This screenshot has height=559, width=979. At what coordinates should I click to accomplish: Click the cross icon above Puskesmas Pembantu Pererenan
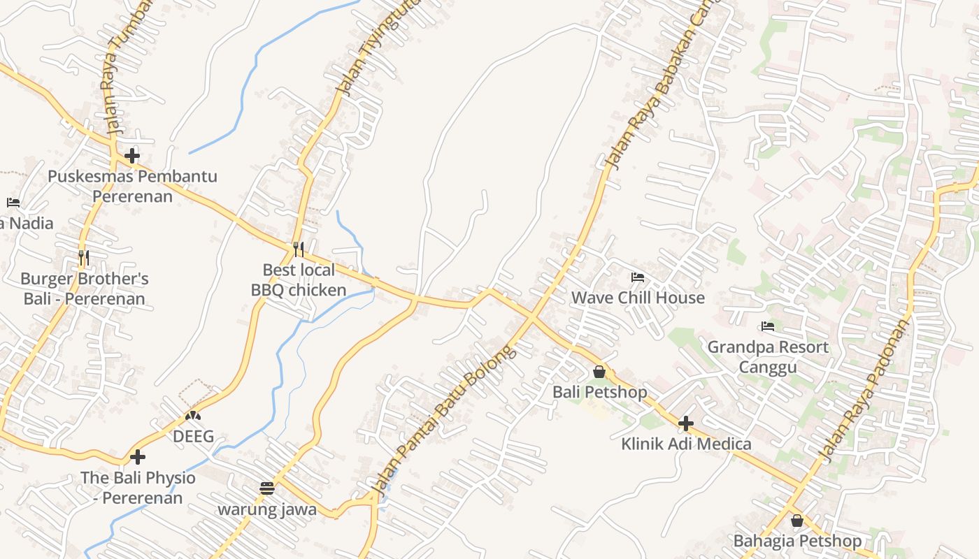[132, 155]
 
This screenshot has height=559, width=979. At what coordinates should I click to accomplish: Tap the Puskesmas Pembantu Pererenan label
[132, 186]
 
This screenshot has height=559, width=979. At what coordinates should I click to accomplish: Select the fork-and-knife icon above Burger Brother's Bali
[84, 258]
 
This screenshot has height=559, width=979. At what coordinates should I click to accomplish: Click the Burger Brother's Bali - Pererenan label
[85, 289]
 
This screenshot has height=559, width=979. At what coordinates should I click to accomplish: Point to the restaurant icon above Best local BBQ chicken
[299, 249]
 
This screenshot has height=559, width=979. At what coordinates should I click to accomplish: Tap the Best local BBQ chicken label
[299, 279]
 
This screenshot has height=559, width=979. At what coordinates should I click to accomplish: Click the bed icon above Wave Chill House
[637, 277]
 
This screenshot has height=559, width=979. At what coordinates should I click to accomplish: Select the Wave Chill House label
[638, 298]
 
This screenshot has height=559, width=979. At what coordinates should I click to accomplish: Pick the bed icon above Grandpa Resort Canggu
[768, 326]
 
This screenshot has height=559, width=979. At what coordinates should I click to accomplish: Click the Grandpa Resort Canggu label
[768, 356]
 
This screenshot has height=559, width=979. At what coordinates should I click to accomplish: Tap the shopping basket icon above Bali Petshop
[599, 372]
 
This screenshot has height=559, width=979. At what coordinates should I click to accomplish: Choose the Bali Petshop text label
[600, 392]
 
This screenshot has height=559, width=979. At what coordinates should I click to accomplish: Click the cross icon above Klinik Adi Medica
[686, 423]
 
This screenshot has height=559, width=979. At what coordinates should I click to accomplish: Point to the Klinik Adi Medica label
[686, 444]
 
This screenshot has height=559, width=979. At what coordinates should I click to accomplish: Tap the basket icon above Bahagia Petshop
[796, 521]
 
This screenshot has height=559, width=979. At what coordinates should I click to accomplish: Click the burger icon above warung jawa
[267, 488]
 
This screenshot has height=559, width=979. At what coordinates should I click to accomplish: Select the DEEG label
[194, 437]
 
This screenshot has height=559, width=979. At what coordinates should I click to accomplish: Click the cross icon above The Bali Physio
[138, 457]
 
